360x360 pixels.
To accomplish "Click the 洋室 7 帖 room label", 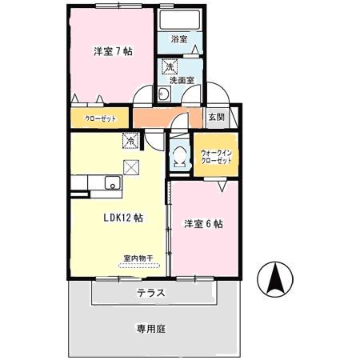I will (111, 52).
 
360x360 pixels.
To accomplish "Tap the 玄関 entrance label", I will (217, 117).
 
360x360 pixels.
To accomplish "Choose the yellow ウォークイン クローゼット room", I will (216, 156).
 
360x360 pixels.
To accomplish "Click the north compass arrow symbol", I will (274, 278).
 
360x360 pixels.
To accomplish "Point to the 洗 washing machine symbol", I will (170, 66).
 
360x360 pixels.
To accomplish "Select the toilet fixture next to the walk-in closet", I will (178, 156).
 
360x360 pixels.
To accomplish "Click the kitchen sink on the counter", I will (112, 186).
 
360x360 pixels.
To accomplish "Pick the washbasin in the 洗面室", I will (163, 95).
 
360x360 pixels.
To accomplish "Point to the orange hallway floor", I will (156, 118).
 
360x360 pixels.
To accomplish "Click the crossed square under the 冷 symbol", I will (130, 167).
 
